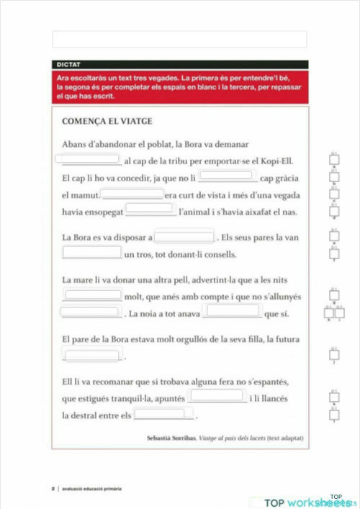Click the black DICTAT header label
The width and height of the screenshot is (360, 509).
tap(71, 64)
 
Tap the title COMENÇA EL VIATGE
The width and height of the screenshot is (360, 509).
tap(107, 121)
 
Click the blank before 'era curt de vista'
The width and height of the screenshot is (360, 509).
tap(132, 194)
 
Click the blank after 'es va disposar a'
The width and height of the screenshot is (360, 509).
tap(184, 237)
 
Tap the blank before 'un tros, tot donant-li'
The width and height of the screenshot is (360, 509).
tap(92, 253)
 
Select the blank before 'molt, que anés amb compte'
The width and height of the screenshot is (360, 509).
tap(92, 295)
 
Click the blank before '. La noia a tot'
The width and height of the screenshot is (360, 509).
tap(89, 312)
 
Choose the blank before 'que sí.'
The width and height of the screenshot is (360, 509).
tap(232, 312)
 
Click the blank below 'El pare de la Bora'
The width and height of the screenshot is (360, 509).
tap(92, 355)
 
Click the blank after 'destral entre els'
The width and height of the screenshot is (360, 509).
tap(164, 414)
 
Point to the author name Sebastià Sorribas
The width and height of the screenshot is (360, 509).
tap(171, 438)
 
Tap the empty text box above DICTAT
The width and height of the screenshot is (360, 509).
tap(179, 40)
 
